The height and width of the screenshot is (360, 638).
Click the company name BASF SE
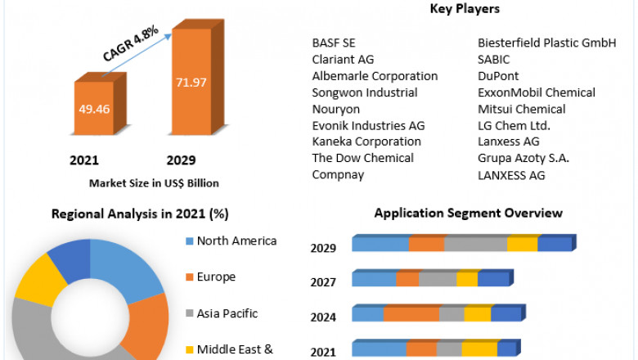click(x=334, y=43)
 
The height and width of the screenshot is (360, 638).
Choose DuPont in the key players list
click(x=498, y=76)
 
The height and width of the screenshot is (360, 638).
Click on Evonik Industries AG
click(x=368, y=125)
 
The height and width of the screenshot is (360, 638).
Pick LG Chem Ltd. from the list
click(x=514, y=125)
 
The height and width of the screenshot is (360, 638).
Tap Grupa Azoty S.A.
click(x=523, y=158)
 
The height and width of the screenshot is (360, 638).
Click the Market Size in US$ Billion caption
click(x=154, y=182)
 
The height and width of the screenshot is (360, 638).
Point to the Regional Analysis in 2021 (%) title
click(x=140, y=214)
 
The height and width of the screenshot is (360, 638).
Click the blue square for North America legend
click(x=190, y=241)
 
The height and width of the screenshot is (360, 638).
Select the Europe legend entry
click(x=216, y=277)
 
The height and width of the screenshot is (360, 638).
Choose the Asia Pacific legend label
click(x=227, y=313)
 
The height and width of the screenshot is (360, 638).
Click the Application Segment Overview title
click(x=468, y=214)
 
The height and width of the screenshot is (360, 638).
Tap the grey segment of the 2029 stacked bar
click(x=475, y=244)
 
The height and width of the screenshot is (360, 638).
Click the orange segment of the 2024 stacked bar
click(x=411, y=314)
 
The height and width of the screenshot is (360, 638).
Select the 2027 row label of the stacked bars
click(x=323, y=283)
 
